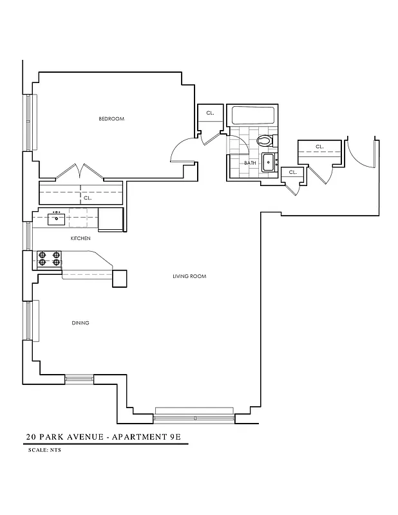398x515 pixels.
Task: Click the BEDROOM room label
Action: pyautogui.click(x=111, y=119)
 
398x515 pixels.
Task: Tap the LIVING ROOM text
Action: pyautogui.click(x=189, y=276)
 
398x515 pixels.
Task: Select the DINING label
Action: pyautogui.click(x=81, y=323)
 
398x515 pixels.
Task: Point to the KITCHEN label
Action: pyautogui.click(x=81, y=238)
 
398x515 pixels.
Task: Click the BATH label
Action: pyautogui.click(x=249, y=163)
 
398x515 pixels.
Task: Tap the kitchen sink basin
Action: pyautogui.click(x=57, y=218)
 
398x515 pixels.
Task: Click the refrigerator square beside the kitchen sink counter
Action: pyautogui.click(x=111, y=219)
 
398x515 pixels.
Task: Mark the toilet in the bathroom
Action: pyautogui.click(x=264, y=140)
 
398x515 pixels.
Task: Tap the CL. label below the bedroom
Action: pyautogui.click(x=88, y=198)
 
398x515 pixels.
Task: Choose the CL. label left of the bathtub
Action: pyautogui.click(x=210, y=113)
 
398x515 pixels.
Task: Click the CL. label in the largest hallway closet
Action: pyautogui.click(x=318, y=146)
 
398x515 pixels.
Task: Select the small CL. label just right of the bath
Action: pyautogui.click(x=293, y=173)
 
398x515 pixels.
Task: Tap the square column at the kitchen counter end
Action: pyautogui.click(x=121, y=277)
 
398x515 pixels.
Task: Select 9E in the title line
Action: pyautogui.click(x=178, y=436)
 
